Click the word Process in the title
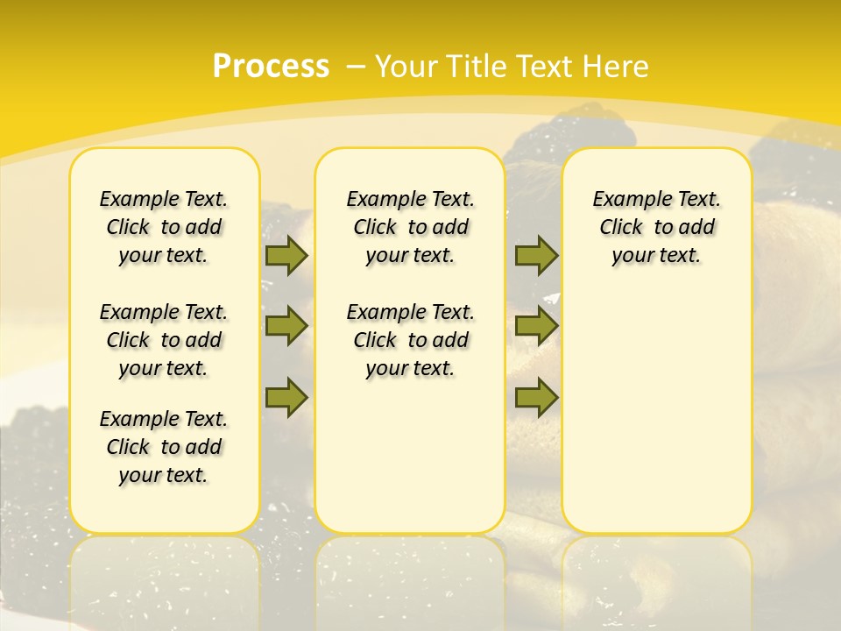pos(271,67)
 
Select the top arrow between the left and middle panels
pos(286,256)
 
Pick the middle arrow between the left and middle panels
pos(286,326)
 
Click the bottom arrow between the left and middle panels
pos(286,397)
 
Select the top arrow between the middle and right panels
pos(536,256)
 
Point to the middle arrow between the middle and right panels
pos(536,326)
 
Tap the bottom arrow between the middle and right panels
pos(536,397)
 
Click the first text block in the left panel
pos(164,227)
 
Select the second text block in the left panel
pos(164,340)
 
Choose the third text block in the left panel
pos(164,447)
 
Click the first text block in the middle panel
pos(410,227)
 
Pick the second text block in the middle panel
pos(410,340)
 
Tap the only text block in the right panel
pos(656,227)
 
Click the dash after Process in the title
pos(356,67)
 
